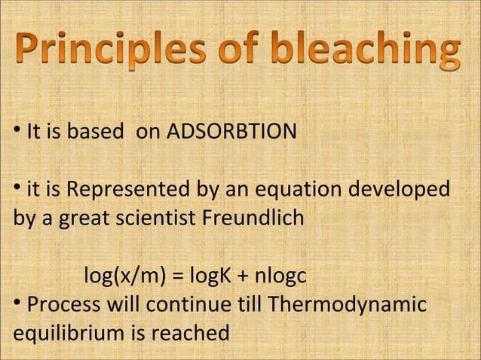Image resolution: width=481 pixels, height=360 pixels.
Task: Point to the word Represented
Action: pos(120,188)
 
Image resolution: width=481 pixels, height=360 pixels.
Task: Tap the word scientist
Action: pos(158,220)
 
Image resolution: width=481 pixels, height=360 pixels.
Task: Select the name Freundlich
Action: pos(256,220)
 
